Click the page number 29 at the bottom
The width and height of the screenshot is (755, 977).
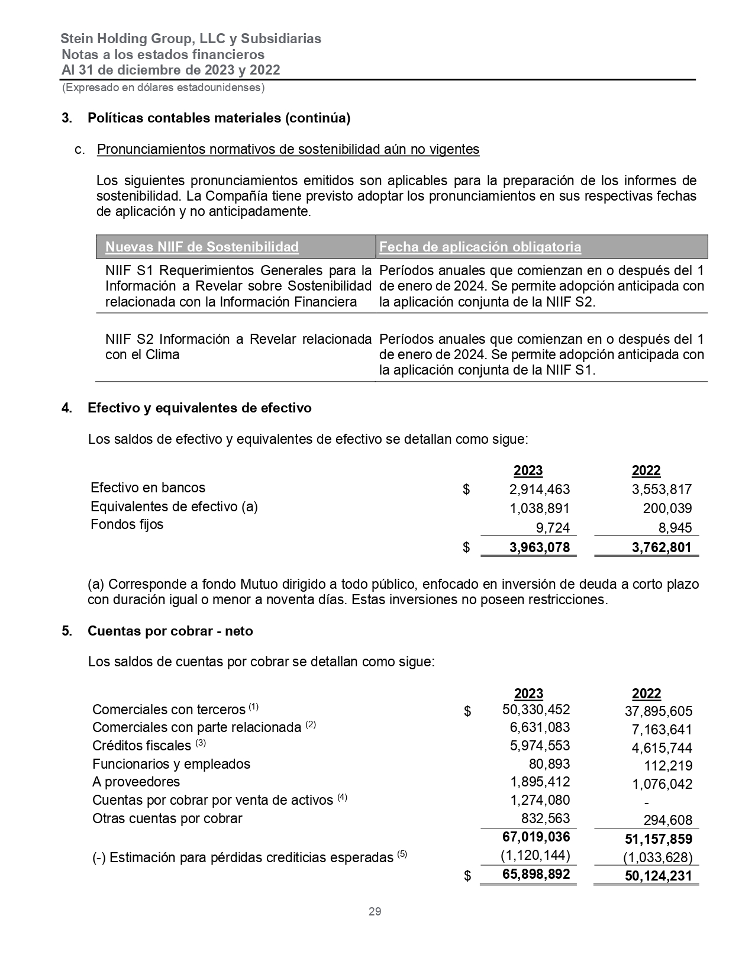coord(375,911)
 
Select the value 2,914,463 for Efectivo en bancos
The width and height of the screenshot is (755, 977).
coord(539,489)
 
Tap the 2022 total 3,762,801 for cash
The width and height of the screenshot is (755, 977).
coord(661,547)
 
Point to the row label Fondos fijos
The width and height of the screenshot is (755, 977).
coord(127,524)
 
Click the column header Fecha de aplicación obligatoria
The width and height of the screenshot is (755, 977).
coord(480,247)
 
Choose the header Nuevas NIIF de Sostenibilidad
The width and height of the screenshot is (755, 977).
coord(202,247)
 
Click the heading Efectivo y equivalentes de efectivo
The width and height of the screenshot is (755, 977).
coord(199,408)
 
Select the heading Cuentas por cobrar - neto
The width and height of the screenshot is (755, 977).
coord(170,631)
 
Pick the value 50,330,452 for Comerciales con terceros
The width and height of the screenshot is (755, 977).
coord(535,709)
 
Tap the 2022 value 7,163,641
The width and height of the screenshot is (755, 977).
coord(662,730)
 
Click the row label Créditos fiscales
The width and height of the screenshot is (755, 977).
coord(141,746)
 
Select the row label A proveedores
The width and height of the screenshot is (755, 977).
coord(136,782)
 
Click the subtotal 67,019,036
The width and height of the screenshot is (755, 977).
coord(535,837)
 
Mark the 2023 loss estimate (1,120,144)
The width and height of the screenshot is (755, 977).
coord(535,855)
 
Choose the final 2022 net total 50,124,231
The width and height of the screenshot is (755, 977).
coord(658,876)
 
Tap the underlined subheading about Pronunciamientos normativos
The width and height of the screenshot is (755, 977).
coord(288,149)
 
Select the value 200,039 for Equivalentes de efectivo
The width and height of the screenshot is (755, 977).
coord(667,508)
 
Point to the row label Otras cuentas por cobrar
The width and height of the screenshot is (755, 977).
coord(167,818)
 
